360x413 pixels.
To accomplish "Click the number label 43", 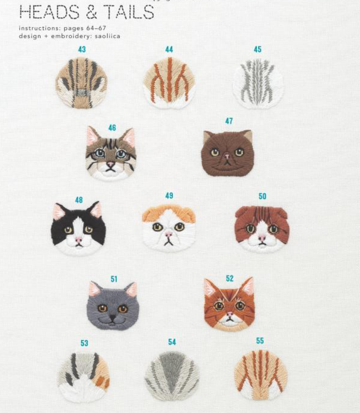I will (82, 49).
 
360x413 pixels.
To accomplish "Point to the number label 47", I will (229, 121).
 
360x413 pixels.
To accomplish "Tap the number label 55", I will (260, 341).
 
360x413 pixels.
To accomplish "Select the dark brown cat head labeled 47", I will (228, 154).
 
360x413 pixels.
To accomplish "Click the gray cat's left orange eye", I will (103, 308).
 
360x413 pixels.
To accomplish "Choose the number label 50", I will (262, 196).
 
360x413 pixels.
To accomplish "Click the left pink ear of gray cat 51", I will (94, 289).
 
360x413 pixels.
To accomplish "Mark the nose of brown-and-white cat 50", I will (262, 238).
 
